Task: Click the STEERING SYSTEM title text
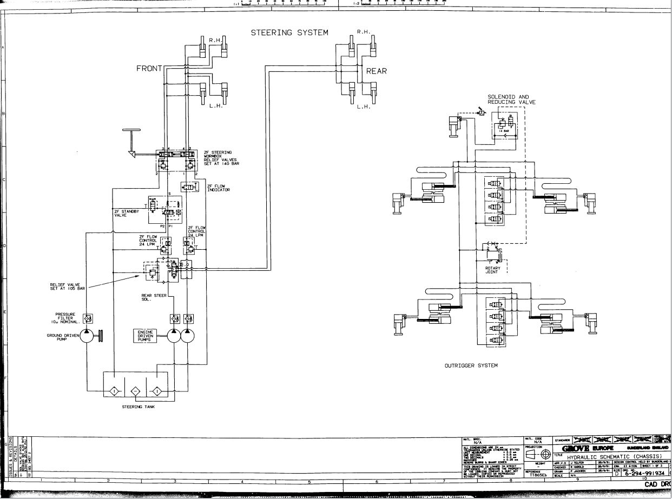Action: (289, 33)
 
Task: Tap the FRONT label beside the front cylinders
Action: (149, 69)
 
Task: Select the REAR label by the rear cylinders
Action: (377, 71)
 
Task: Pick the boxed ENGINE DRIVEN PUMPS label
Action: (146, 336)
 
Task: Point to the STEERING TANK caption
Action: (138, 407)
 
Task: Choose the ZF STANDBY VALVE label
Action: (127, 213)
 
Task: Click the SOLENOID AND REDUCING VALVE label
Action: (508, 99)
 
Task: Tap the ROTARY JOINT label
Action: (492, 270)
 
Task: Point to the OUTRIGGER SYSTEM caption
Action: (471, 365)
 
